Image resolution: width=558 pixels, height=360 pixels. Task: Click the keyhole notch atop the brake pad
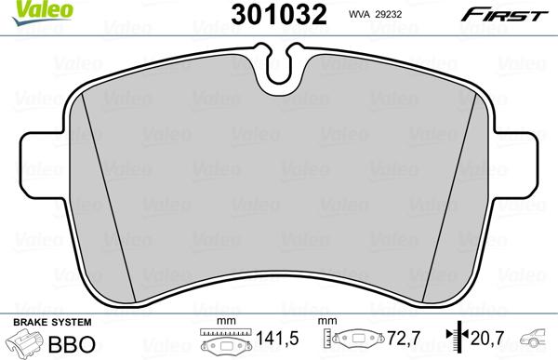(x=279, y=63)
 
